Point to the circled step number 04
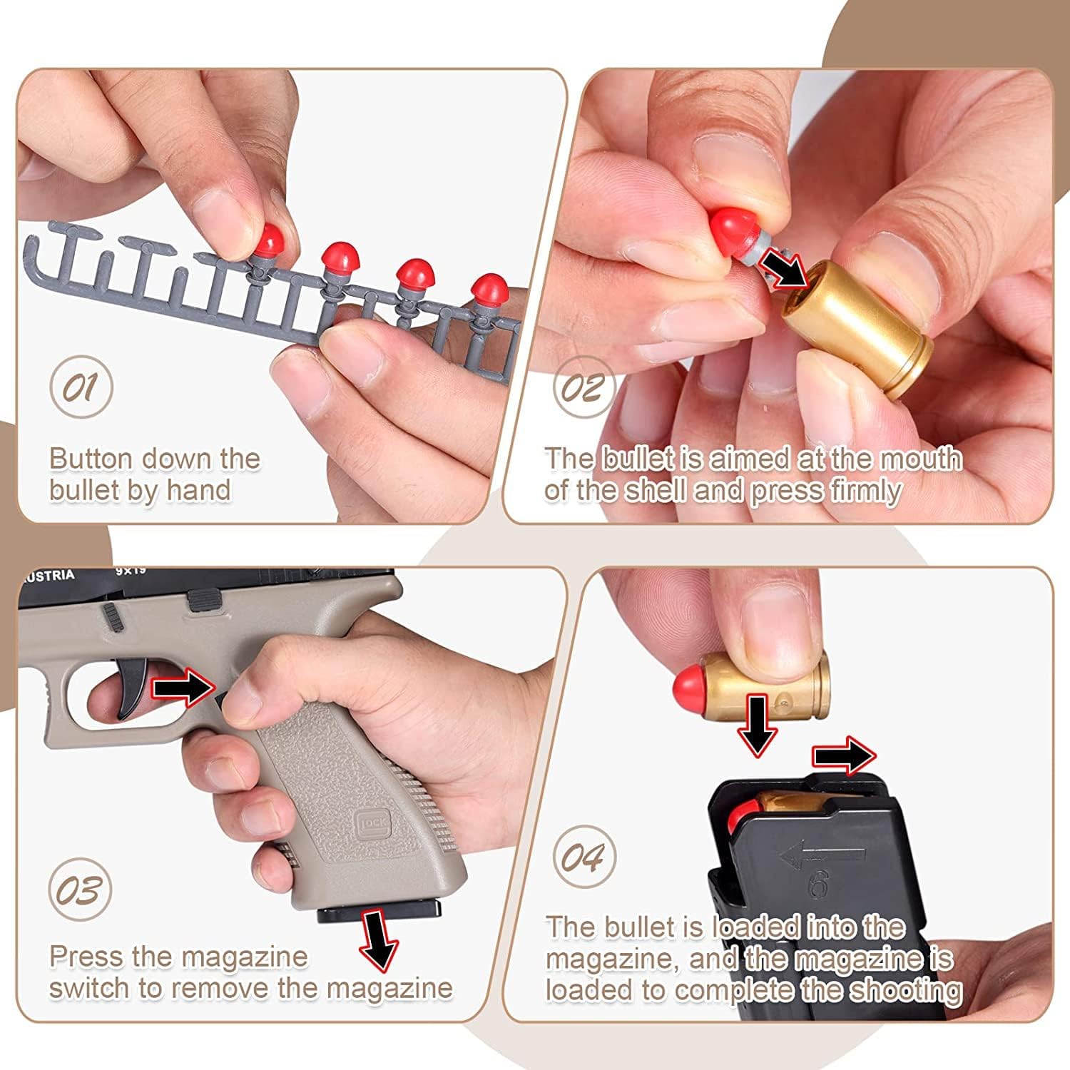click(584, 857)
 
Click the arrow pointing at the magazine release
click(183, 686)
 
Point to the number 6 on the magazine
click(818, 887)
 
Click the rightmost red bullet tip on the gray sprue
click(489, 290)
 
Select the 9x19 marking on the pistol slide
click(131, 571)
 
